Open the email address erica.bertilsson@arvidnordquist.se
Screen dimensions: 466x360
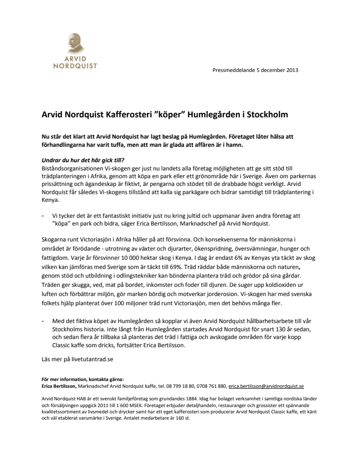tap(266, 386)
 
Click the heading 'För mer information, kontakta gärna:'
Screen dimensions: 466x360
tap(82, 380)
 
